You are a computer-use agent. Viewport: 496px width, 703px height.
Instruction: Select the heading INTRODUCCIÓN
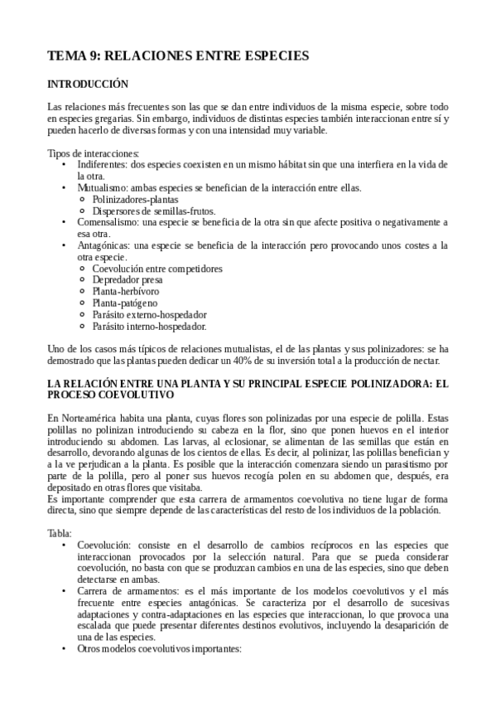pyautogui.click(x=88, y=85)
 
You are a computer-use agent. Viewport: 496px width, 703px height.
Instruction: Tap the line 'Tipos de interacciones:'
pyautogui.click(x=94, y=153)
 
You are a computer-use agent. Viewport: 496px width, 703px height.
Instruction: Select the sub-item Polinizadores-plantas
pyautogui.click(x=135, y=200)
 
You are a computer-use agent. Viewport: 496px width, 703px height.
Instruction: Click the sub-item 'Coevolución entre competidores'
pyautogui.click(x=157, y=269)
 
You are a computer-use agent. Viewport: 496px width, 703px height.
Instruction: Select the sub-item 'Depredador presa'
pyautogui.click(x=128, y=281)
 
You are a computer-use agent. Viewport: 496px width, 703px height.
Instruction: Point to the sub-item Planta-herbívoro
pyautogui.click(x=126, y=292)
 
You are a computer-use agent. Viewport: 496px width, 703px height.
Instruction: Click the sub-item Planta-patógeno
pyautogui.click(x=125, y=303)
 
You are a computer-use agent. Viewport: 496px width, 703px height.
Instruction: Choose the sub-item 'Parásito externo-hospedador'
pyautogui.click(x=150, y=315)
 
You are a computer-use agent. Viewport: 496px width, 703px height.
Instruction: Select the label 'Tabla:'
pyautogui.click(x=60, y=534)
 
